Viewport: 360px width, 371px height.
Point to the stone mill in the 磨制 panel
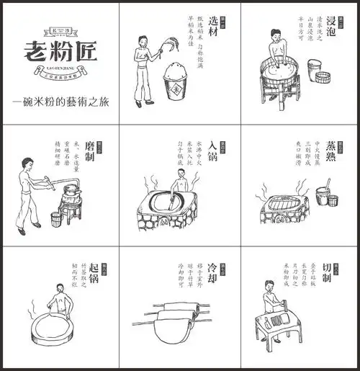coord(71,195)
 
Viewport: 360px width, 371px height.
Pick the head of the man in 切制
coord(270,287)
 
